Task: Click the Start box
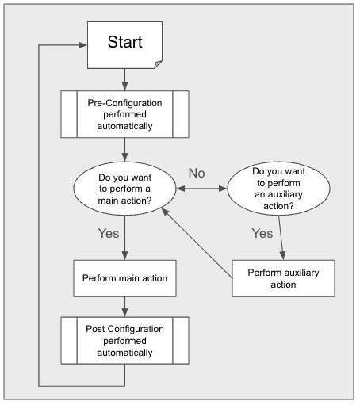tap(124, 44)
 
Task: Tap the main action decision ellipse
tap(124, 188)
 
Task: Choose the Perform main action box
tap(124, 278)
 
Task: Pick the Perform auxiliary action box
tap(283, 278)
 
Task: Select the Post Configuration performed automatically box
tap(124, 340)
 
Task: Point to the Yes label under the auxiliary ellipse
tap(261, 233)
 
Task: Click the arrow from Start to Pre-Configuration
tap(124, 79)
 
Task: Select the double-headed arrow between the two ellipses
tap(201, 188)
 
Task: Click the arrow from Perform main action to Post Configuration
tap(124, 307)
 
